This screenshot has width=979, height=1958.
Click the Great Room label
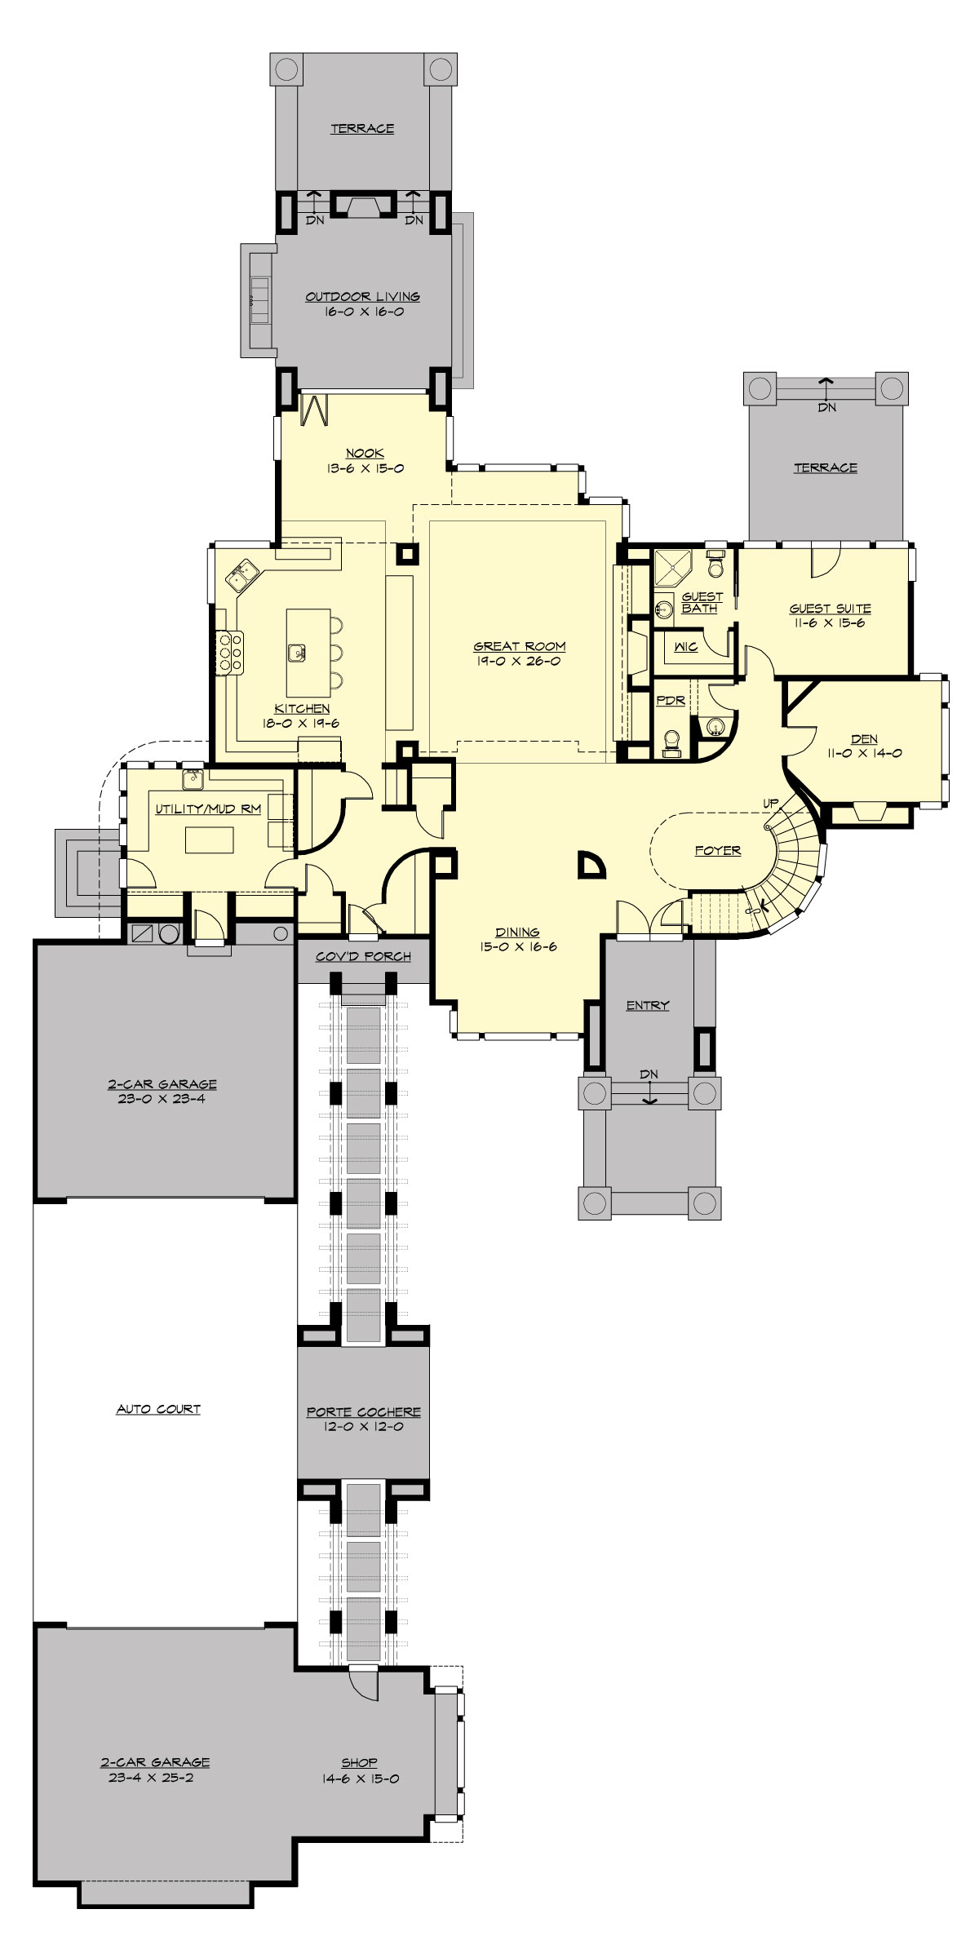[520, 646]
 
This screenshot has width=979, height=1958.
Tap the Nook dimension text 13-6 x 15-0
[365, 468]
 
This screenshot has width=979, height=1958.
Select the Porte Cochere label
[364, 1411]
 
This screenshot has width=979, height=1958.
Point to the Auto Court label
[158, 1409]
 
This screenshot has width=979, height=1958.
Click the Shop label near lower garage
[359, 1762]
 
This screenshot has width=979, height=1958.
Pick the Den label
[864, 739]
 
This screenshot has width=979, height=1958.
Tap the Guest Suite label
[830, 609]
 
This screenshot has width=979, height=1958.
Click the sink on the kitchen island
[297, 652]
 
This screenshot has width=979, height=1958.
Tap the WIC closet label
[685, 646]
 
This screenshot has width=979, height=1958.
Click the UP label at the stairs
[770, 804]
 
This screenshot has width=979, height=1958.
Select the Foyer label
[718, 850]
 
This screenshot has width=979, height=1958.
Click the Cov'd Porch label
[363, 956]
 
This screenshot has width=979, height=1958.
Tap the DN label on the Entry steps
[649, 1074]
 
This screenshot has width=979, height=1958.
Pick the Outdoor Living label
[362, 297]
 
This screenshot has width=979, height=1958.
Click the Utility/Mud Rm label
[208, 808]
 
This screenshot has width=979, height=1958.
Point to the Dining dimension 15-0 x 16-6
[518, 947]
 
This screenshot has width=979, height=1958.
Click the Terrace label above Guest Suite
[826, 467]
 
